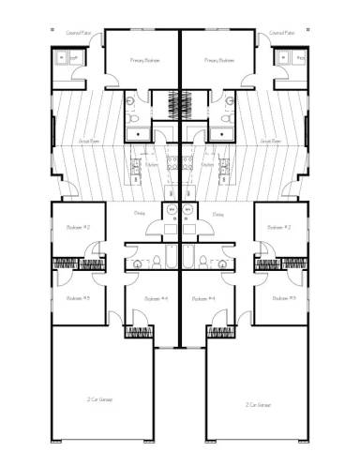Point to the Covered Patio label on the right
tap(282, 33)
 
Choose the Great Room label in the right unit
tap(272, 143)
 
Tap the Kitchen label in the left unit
tap(151, 165)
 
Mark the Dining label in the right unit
tap(217, 214)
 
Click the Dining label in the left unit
tap(139, 214)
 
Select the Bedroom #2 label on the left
tap(78, 227)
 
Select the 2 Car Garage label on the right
tap(260, 405)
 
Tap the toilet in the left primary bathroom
tap(133, 119)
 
